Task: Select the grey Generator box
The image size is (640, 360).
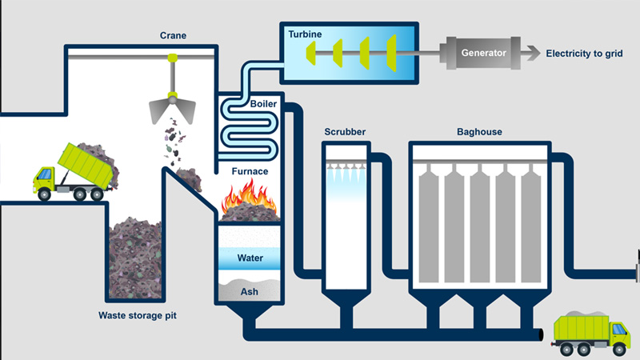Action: pyautogui.click(x=483, y=53)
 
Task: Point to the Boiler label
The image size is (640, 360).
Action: pyautogui.click(x=263, y=103)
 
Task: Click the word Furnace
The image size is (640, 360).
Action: pyautogui.click(x=250, y=170)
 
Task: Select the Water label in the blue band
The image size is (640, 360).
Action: pyautogui.click(x=250, y=258)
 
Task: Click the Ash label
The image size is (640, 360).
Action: pyautogui.click(x=250, y=292)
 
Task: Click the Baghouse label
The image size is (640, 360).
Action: pyautogui.click(x=479, y=131)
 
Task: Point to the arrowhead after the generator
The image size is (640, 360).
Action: pyautogui.click(x=531, y=54)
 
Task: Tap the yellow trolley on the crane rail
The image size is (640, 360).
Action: pyautogui.click(x=172, y=57)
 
